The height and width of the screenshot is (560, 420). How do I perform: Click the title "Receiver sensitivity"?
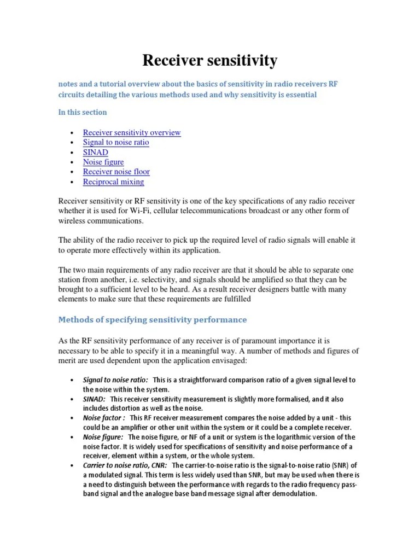[210, 61]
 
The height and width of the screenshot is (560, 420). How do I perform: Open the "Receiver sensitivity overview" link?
[131, 132]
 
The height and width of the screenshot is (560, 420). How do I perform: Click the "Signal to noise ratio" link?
[115, 142]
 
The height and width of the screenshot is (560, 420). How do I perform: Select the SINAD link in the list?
[95, 152]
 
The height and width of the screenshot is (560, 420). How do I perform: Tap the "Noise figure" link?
[103, 162]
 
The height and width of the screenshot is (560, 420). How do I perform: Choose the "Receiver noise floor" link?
[116, 172]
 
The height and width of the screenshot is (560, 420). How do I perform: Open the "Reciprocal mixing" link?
[113, 182]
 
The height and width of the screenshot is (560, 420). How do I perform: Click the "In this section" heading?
[83, 112]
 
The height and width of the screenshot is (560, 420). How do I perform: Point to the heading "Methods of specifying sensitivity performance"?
[153, 319]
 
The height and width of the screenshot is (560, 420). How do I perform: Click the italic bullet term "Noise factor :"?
[104, 418]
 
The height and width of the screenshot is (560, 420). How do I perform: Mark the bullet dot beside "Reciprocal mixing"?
[73, 182]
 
